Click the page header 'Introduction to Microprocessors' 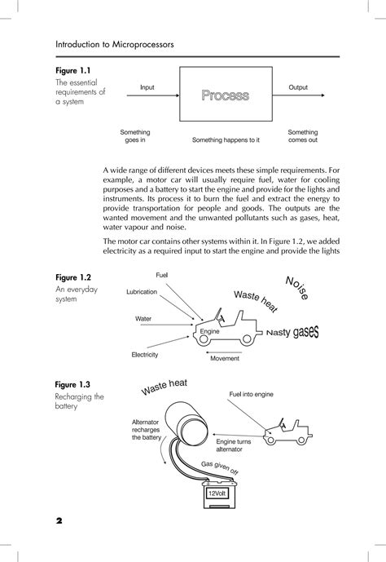tap(113, 42)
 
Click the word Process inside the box tap(225, 96)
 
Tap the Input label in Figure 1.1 tap(147, 87)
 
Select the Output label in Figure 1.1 tap(298, 87)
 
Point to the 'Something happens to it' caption tap(226, 140)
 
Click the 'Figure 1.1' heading tap(72, 70)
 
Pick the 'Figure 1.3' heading tap(72, 384)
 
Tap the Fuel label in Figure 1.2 tap(163, 277)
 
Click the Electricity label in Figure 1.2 tap(145, 355)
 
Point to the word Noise tap(296, 289)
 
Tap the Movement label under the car tap(225, 358)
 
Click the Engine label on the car tap(209, 332)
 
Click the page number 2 tap(59, 520)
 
